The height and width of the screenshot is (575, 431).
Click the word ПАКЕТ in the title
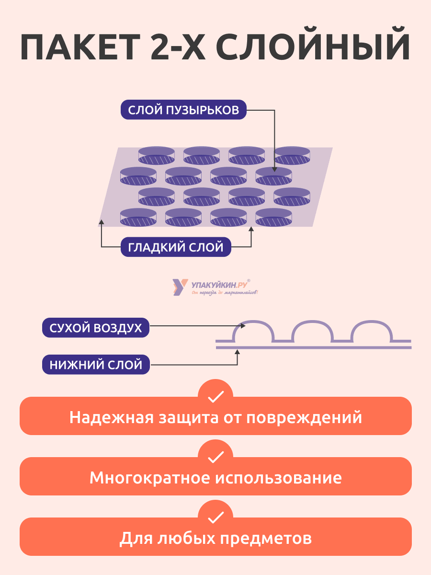pos(80,47)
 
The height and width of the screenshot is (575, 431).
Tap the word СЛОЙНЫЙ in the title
pos(313,44)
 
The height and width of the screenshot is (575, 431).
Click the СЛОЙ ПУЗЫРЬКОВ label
pos(183,110)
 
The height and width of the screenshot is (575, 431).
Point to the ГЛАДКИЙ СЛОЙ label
pos(176,247)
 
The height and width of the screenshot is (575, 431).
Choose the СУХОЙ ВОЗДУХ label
pos(96,328)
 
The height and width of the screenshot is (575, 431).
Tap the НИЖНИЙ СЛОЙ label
pos(96,364)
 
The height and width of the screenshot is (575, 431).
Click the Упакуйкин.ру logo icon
pos(180,287)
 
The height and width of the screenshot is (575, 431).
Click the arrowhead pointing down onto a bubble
pos(274,170)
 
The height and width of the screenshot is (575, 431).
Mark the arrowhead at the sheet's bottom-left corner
pos(102,222)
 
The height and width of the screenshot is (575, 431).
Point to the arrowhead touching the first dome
pos(243,326)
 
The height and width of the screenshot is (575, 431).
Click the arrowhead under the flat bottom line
pos(238,352)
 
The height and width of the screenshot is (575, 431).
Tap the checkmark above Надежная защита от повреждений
pos(215,397)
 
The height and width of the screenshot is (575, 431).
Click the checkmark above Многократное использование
pos(215,457)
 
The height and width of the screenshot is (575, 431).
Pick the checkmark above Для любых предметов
pos(215,517)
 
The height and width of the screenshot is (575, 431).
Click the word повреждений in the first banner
pos(304,418)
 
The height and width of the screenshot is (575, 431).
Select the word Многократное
pos(150,478)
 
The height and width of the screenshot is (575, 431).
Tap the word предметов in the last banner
pos(266,538)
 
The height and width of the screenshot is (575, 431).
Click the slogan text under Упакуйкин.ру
pos(225,292)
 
